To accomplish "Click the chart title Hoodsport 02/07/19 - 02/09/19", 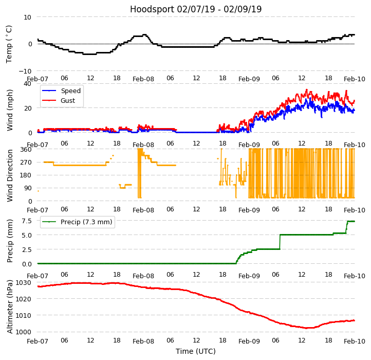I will pyautogui.click(x=196, y=9).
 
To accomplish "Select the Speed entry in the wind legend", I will pyautogui.click(x=70, y=91).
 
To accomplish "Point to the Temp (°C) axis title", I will pyautogui.click(x=9, y=44).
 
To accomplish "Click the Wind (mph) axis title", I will pyautogui.click(x=10, y=110).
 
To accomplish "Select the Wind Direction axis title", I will pyautogui.click(x=10, y=175).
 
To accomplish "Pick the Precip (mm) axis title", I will pyautogui.click(x=10, y=241).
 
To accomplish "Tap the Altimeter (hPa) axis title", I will pyautogui.click(x=10, y=307).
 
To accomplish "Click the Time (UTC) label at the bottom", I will pyautogui.click(x=196, y=351).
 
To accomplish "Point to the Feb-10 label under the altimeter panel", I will pyautogui.click(x=355, y=341).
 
